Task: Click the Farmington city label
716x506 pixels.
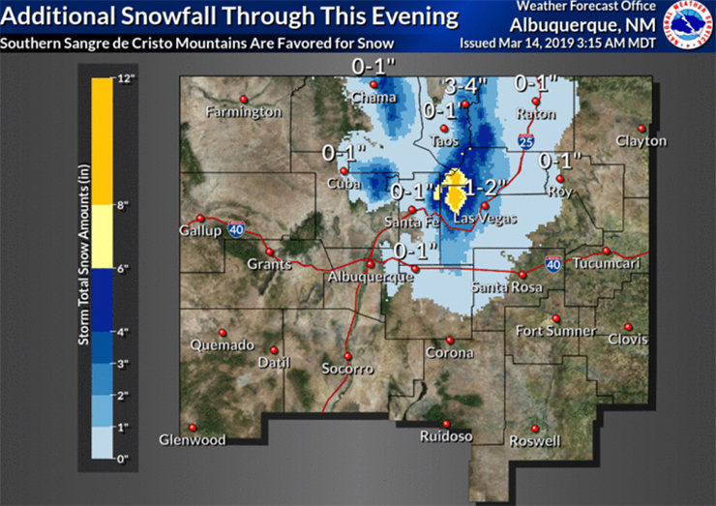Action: [244, 112]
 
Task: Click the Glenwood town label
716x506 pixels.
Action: [193, 440]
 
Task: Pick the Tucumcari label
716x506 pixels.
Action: [606, 264]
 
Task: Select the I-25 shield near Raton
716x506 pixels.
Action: [523, 141]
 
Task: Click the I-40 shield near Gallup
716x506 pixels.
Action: [236, 229]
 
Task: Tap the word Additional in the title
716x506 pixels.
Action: [63, 16]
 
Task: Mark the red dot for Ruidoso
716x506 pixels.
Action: [446, 424]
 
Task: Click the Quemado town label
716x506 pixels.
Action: [222, 345]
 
